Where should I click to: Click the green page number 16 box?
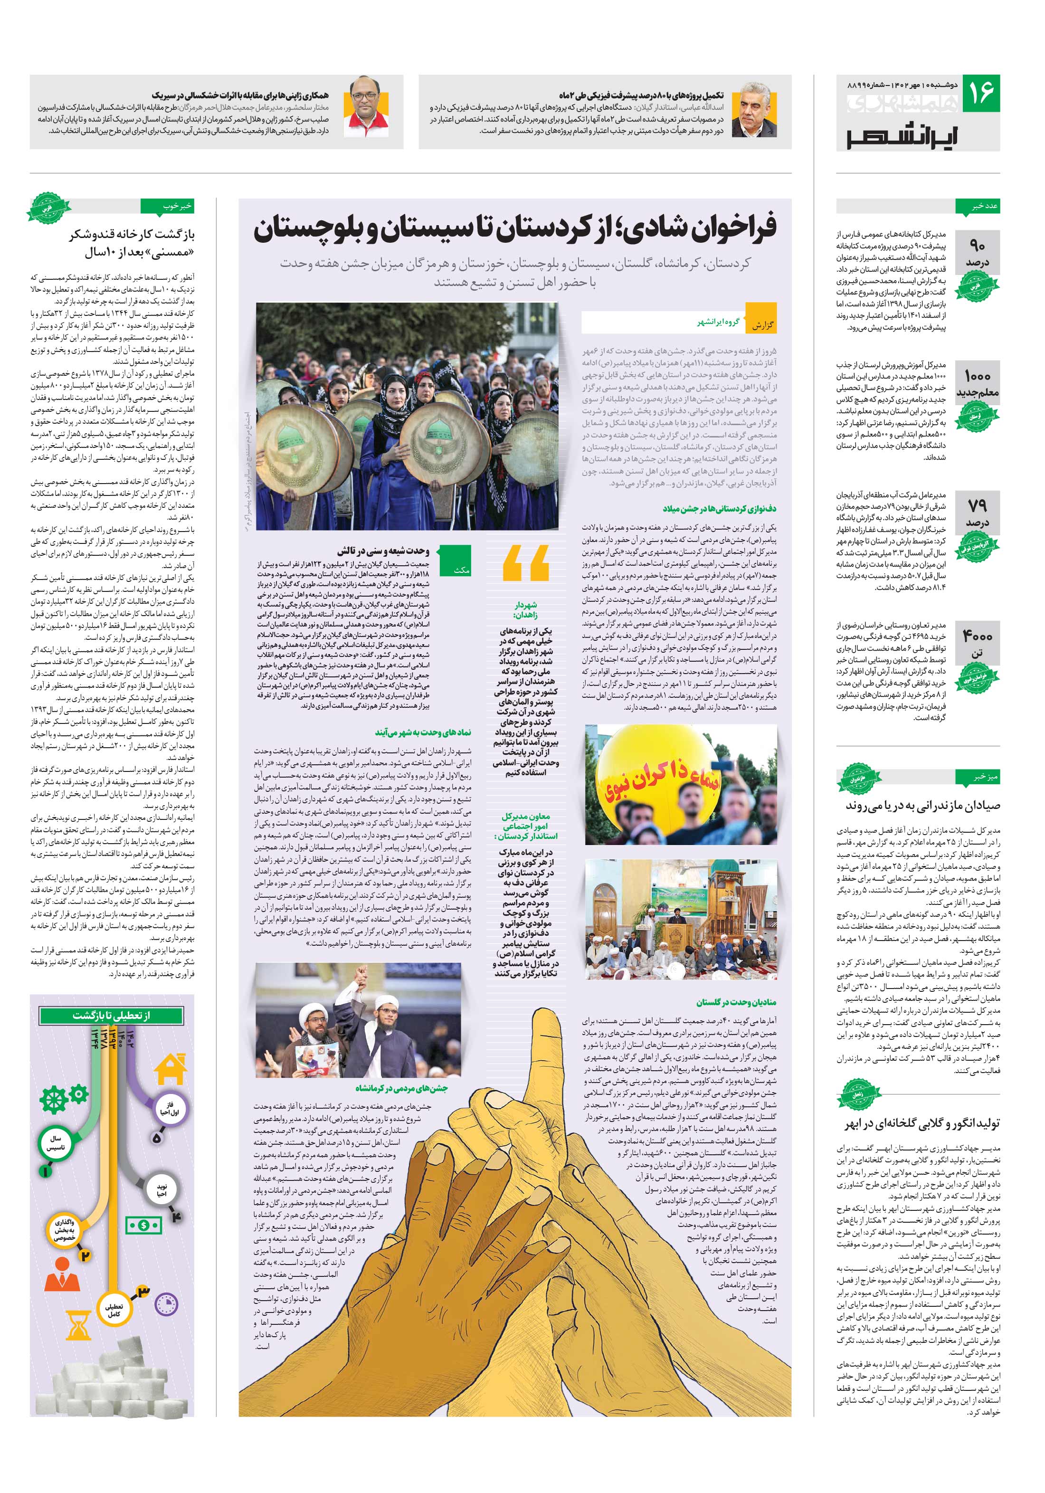pyautogui.click(x=980, y=94)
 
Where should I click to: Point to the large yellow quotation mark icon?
pyautogui.click(x=525, y=563)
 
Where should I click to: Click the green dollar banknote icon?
pyautogui.click(x=144, y=1226)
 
